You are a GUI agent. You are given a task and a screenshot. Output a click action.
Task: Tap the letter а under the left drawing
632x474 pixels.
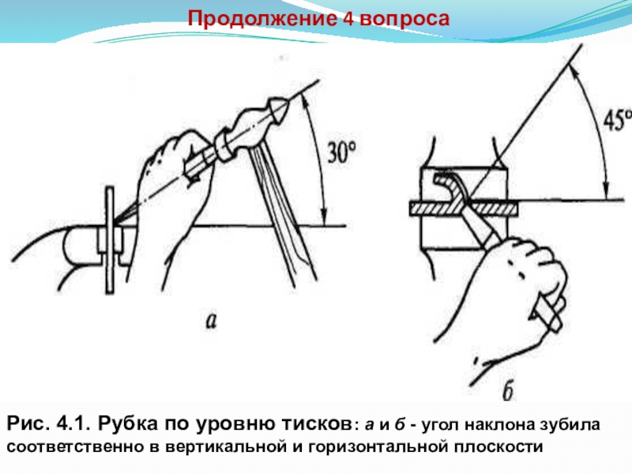tap(211, 319)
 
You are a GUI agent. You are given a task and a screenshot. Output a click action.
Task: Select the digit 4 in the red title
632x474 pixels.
tap(347, 17)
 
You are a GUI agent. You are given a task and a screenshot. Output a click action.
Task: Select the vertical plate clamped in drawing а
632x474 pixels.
tap(108, 241)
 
